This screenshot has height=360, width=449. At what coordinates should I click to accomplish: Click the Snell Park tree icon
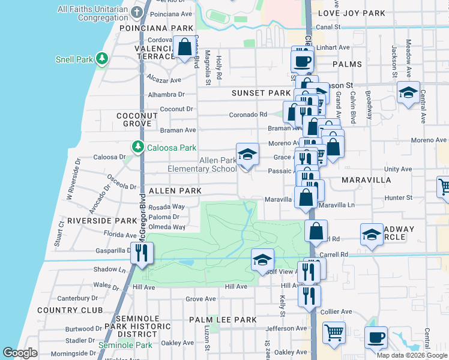[x=103, y=58]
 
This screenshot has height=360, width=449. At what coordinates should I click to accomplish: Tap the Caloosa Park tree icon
[x=137, y=147]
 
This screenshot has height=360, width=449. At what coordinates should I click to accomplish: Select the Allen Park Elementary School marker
[x=247, y=155]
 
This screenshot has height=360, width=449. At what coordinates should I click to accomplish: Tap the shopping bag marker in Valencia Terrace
[x=184, y=46]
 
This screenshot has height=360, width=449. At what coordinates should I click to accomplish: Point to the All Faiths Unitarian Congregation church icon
[x=137, y=12]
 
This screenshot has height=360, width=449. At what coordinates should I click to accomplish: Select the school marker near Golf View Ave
[x=262, y=260]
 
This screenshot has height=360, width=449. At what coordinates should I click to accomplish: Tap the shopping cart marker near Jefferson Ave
[x=334, y=332]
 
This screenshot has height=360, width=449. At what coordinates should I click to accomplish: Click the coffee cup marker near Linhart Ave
[x=303, y=60]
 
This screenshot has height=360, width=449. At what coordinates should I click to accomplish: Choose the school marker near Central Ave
[x=408, y=92]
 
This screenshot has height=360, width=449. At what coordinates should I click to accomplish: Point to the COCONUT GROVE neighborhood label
[x=137, y=119]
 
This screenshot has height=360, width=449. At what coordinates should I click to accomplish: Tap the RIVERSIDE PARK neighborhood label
[x=102, y=221]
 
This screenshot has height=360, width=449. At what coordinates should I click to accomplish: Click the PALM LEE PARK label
[x=223, y=320]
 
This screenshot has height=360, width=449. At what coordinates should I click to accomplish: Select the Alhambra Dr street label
[x=167, y=95]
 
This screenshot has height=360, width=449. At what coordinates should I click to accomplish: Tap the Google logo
[x=20, y=353]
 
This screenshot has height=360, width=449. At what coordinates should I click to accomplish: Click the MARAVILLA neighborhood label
[x=366, y=180]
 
